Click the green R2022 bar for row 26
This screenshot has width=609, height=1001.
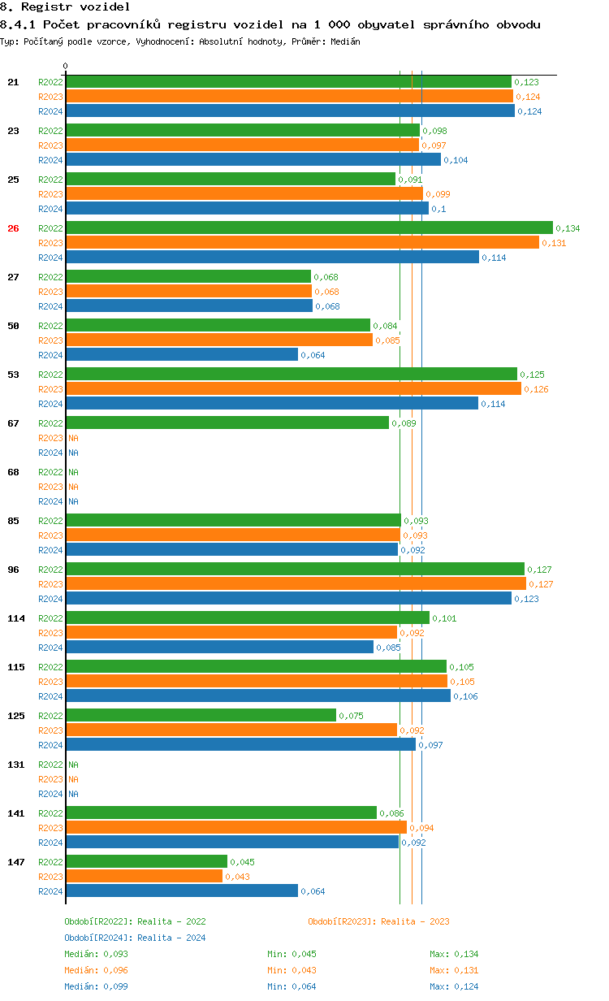tap(309, 228)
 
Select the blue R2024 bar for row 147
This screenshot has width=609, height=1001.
tap(182, 891)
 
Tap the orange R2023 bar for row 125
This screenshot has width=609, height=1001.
tap(231, 730)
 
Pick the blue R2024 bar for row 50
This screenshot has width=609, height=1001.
tap(182, 355)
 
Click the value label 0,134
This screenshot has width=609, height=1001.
tap(568, 228)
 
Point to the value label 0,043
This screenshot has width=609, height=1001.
tap(237, 877)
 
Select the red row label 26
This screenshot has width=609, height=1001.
tap(13, 228)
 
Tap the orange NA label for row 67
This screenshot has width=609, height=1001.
tap(73, 438)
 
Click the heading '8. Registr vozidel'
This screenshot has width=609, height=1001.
tap(54, 6)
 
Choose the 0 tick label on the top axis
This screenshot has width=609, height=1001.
tap(66, 66)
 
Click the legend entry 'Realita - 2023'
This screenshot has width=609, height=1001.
tap(378, 921)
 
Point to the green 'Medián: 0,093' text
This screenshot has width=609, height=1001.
tap(96, 954)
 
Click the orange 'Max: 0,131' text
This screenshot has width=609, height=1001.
tap(454, 970)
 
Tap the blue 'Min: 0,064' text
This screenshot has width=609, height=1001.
tap(292, 986)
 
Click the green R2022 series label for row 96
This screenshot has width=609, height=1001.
tap(50, 570)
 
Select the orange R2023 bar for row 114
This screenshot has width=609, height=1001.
tap(231, 633)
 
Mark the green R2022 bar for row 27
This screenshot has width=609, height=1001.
tap(188, 277)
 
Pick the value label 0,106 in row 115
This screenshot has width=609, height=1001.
tap(465, 696)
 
